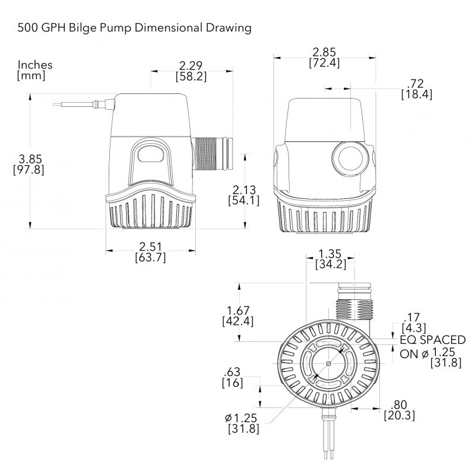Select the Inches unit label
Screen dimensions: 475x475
(35, 65)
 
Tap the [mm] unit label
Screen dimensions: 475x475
(31, 75)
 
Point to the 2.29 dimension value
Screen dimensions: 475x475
(191, 65)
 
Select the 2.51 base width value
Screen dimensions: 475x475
(150, 246)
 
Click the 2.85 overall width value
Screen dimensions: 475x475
(324, 51)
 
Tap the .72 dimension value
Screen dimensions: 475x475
(416, 83)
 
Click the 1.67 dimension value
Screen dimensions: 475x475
(237, 311)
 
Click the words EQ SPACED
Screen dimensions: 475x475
(432, 340)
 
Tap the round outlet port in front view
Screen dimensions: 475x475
(349, 158)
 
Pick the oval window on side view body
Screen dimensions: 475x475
(151, 154)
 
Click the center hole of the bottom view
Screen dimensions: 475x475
(328, 363)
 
